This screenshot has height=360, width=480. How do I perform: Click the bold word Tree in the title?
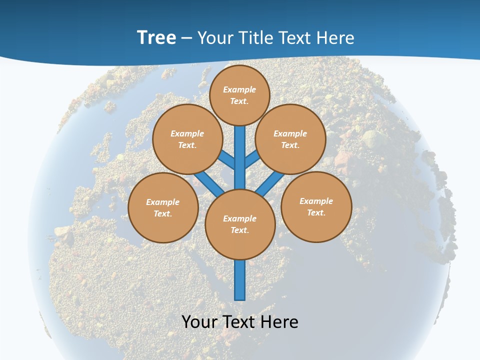pyautogui.click(x=156, y=37)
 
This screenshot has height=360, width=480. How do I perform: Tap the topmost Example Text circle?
pyautogui.click(x=239, y=95)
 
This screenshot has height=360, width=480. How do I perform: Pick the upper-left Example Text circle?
pyautogui.click(x=187, y=139)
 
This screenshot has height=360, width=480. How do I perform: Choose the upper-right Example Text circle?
pyautogui.click(x=290, y=139)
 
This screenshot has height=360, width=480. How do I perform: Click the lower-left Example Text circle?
pyautogui.click(x=163, y=207)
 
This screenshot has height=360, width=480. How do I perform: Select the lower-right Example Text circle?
pyautogui.click(x=316, y=206)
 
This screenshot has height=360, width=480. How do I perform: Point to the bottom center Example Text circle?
pyautogui.click(x=240, y=224)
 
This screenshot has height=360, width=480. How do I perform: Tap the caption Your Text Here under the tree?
pyautogui.click(x=240, y=321)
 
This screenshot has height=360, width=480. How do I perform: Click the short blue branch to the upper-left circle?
pyautogui.click(x=226, y=159)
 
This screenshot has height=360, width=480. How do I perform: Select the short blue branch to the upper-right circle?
pyautogui.click(x=252, y=159)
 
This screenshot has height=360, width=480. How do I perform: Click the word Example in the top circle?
pyautogui.click(x=239, y=89)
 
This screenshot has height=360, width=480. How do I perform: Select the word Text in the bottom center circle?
pyautogui.click(x=239, y=230)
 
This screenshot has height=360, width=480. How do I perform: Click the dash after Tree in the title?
pyautogui.click(x=186, y=38)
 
